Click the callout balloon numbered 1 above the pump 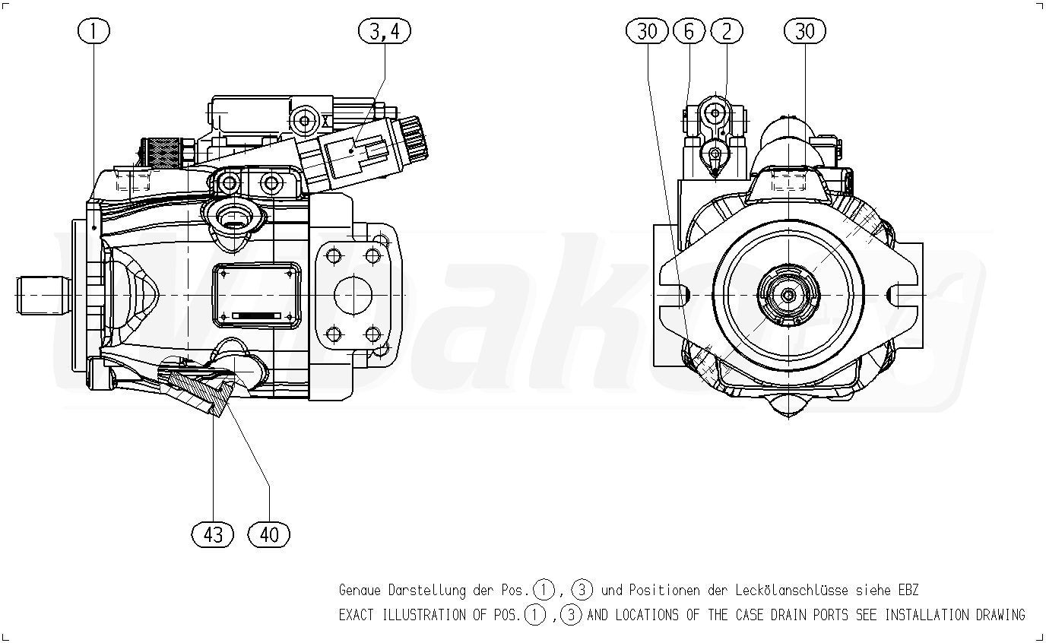[94, 31]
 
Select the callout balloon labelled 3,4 [385, 31]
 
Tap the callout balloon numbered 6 [689, 31]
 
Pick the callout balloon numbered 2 [727, 31]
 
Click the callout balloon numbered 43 [213, 534]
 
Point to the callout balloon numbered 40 [269, 534]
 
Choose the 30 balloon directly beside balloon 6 [648, 31]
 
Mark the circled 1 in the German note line [544, 590]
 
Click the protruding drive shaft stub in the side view [42, 295]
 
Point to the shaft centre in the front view [789, 295]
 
